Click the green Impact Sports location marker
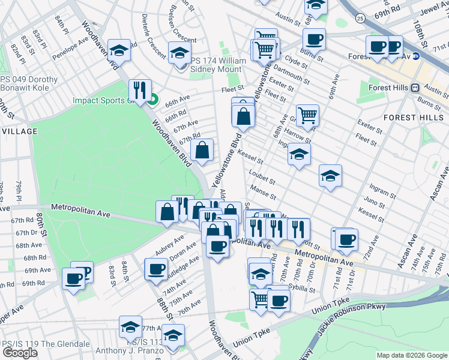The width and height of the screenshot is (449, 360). (x=152, y=100)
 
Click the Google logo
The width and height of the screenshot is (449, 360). (x=20, y=353)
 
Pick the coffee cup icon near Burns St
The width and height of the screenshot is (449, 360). (x=313, y=40)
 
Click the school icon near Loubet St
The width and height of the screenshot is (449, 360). (x=330, y=176)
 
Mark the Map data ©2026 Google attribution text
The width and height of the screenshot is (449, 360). (x=411, y=355)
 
